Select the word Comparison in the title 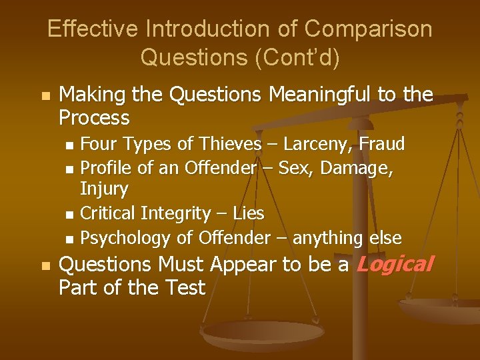[368, 29]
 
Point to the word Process [94, 119]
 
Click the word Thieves [225, 144]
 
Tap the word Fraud [381, 144]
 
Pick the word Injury [104, 189]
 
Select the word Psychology [125, 237]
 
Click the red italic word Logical [395, 265]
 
